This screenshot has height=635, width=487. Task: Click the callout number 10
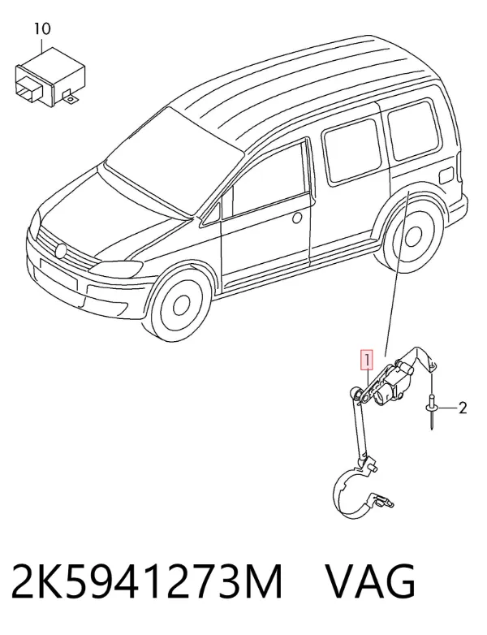point(42,28)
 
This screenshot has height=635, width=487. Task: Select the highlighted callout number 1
point(367,360)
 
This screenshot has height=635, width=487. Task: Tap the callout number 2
point(463,408)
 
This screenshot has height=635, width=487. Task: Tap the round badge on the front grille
point(61,251)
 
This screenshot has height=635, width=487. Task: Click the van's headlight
point(117,267)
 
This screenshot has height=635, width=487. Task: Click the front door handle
point(297,218)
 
